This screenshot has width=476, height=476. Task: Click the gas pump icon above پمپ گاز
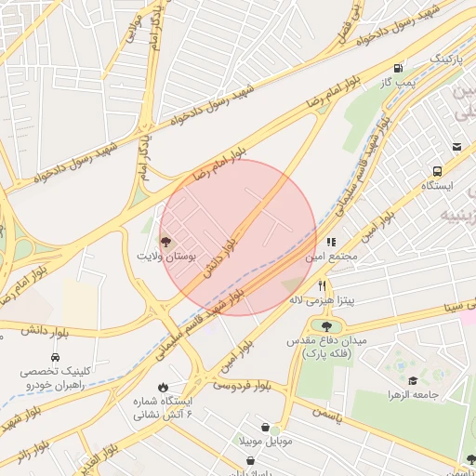[x=398, y=68]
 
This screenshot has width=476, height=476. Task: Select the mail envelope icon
[x=456, y=146]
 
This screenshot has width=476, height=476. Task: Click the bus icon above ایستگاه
[x=437, y=171]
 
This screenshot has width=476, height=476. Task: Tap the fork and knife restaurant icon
[x=322, y=285]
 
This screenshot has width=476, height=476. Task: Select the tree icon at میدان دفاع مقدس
[x=326, y=325]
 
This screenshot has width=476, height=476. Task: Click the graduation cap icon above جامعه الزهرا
[x=412, y=380]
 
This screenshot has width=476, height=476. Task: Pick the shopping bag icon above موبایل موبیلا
[x=266, y=427]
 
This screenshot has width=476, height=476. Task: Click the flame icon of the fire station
[x=164, y=387]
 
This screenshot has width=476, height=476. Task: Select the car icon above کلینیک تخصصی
[x=56, y=357]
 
